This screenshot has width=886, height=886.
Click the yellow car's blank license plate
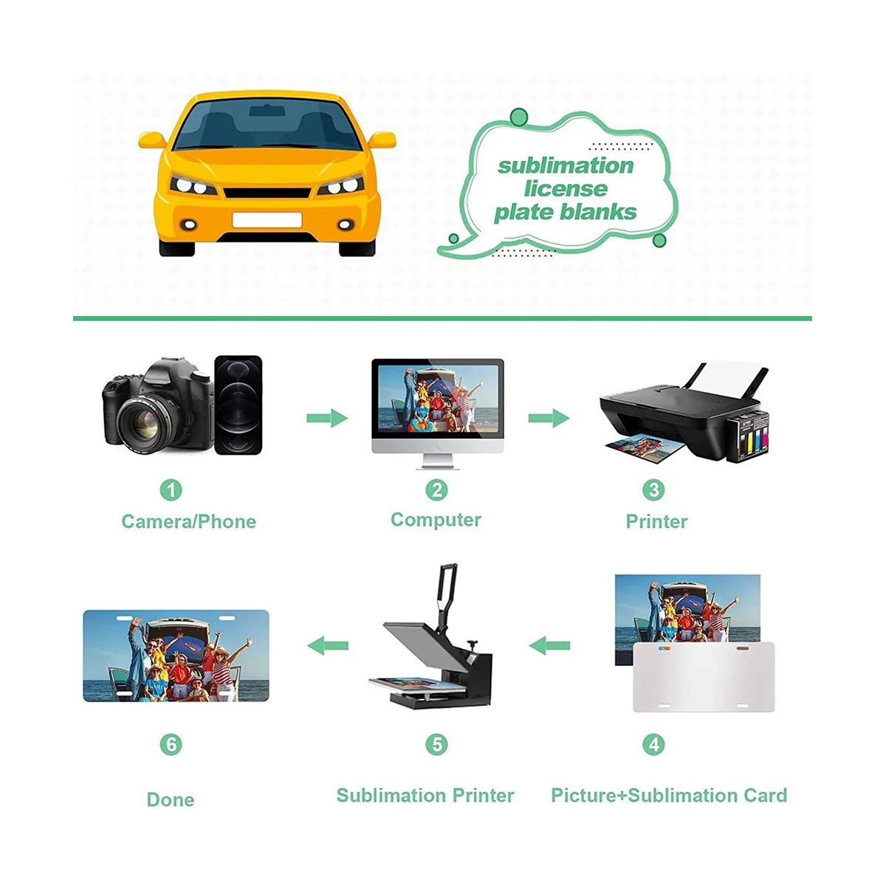(x=267, y=219)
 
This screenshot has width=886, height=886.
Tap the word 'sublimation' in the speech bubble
(x=566, y=165)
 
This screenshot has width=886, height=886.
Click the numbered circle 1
(x=171, y=490)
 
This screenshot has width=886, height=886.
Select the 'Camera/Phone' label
(x=188, y=521)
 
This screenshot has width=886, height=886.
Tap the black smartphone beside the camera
(x=238, y=405)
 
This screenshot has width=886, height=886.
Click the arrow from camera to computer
(x=326, y=418)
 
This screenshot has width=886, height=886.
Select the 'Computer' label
(x=436, y=520)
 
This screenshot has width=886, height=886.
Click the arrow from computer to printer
(x=549, y=418)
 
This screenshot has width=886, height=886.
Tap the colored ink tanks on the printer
(x=747, y=437)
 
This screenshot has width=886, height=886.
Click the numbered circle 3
(x=653, y=490)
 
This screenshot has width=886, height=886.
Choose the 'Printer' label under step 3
(x=656, y=521)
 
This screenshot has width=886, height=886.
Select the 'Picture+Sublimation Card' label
(x=669, y=795)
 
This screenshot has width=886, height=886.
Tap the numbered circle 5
(x=436, y=744)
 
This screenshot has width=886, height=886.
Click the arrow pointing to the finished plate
(x=327, y=646)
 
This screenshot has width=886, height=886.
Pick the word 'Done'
(x=171, y=800)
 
